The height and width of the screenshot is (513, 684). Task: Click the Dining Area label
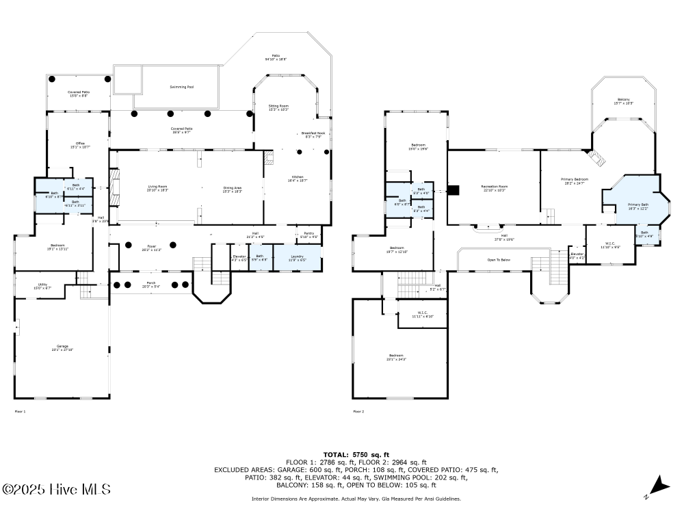pyautogui.click(x=233, y=188)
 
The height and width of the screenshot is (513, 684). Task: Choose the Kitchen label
pyautogui.click(x=298, y=179)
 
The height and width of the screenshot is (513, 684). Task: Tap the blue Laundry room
pyautogui.click(x=297, y=259)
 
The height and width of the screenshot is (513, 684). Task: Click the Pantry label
pyautogui.click(x=309, y=235)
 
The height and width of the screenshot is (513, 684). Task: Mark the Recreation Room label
pyautogui.click(x=494, y=188)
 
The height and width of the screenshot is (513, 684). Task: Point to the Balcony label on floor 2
pyautogui.click(x=623, y=101)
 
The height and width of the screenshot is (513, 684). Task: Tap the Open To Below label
pyautogui.click(x=499, y=260)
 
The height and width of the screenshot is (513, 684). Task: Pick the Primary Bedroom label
pyautogui.click(x=575, y=181)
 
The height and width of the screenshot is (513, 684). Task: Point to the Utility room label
pyautogui.click(x=42, y=286)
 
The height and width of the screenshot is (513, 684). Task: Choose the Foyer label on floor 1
pyautogui.click(x=151, y=248)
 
